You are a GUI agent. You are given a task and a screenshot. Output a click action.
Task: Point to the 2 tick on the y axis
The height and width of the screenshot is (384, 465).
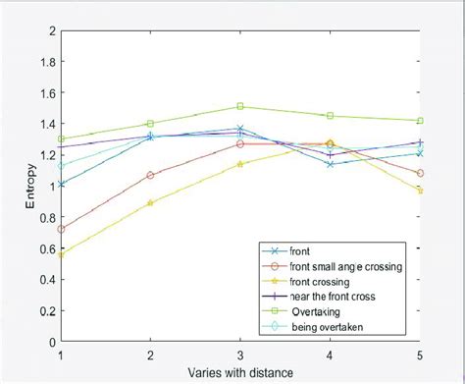click(x=50, y=30)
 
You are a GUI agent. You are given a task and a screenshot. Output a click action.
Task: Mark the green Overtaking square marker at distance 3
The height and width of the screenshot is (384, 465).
click(x=240, y=106)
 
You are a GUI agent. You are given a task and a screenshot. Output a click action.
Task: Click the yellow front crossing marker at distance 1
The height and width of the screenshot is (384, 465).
click(x=61, y=254)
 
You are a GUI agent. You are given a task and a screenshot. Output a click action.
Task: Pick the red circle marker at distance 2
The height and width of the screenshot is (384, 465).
click(x=150, y=175)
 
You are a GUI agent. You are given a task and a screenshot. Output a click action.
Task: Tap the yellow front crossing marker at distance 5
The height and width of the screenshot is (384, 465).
click(x=420, y=191)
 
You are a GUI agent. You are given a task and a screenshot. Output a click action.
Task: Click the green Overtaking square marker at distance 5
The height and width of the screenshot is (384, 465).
click(x=420, y=121)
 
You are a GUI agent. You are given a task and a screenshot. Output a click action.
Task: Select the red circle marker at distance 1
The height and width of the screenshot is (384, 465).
click(x=61, y=229)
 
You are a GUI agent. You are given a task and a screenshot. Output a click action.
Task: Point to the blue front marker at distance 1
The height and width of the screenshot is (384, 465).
click(x=61, y=184)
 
